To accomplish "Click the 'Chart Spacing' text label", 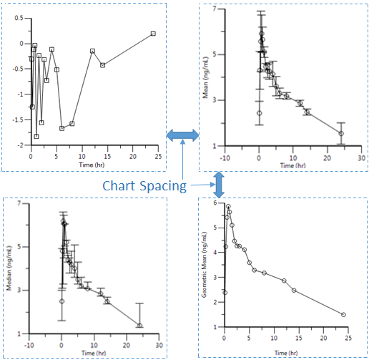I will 144,186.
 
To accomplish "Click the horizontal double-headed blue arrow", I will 183,135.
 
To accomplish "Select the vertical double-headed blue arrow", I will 220,184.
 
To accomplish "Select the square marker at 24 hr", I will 153,34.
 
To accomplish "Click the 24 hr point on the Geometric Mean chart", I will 344,315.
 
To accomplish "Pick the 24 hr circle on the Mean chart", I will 341,134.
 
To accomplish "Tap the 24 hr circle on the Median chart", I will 140,326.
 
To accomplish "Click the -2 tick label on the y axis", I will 19,145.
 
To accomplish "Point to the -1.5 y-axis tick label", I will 17,120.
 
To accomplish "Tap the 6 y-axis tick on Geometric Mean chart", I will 216,203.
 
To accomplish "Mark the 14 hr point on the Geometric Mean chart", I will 294,290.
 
